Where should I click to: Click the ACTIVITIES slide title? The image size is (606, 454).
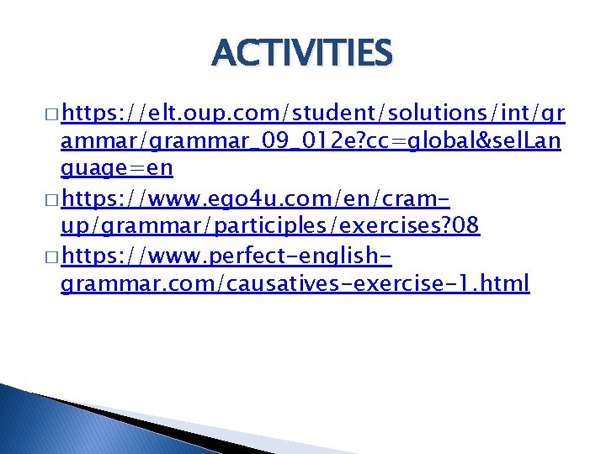click(x=303, y=54)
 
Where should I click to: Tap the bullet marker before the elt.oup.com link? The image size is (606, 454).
click(x=51, y=113)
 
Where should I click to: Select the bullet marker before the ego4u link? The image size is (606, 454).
click(x=51, y=199)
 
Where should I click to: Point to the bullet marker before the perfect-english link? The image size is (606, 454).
click(x=51, y=256)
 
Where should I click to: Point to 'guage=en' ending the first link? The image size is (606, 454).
click(x=117, y=168)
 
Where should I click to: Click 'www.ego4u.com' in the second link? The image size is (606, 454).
click(x=210, y=198)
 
